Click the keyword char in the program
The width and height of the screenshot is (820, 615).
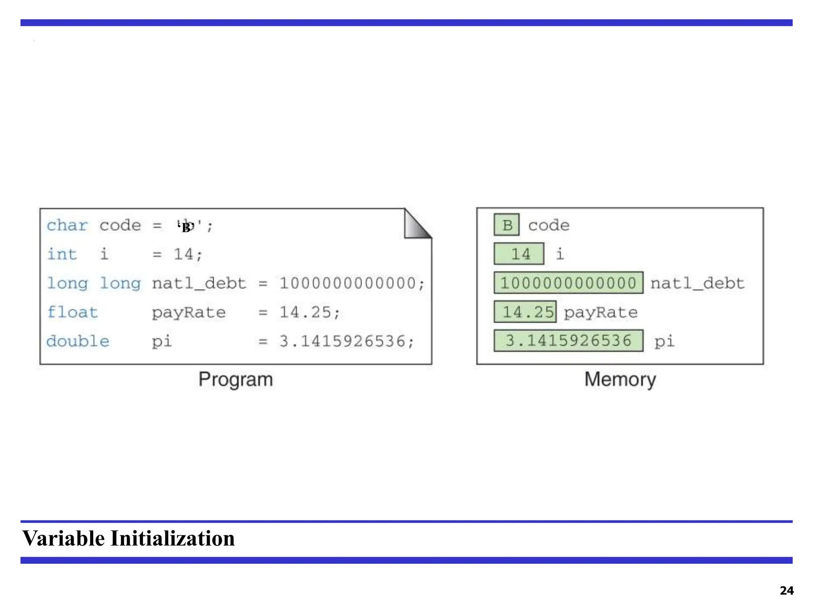(67, 225)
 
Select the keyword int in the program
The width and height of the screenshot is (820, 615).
(62, 254)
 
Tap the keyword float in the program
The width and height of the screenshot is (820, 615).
(72, 312)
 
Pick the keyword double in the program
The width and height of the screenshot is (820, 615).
(78, 341)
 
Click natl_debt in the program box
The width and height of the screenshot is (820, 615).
(199, 283)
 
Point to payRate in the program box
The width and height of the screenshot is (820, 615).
(189, 312)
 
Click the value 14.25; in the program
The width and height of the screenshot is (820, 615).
(310, 312)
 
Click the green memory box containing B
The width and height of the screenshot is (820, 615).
(506, 225)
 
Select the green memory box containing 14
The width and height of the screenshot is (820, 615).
(519, 254)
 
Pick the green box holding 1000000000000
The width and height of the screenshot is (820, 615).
(568, 283)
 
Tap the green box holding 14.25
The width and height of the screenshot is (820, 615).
(525, 312)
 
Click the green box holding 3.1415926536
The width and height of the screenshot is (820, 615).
(568, 341)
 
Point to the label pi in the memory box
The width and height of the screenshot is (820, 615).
(664, 342)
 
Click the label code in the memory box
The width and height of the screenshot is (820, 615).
(549, 225)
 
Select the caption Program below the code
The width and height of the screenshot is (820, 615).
(235, 379)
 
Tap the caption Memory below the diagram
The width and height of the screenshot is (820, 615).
(620, 379)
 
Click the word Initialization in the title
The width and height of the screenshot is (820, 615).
(173, 538)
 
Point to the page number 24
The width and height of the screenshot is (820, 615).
(786, 591)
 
